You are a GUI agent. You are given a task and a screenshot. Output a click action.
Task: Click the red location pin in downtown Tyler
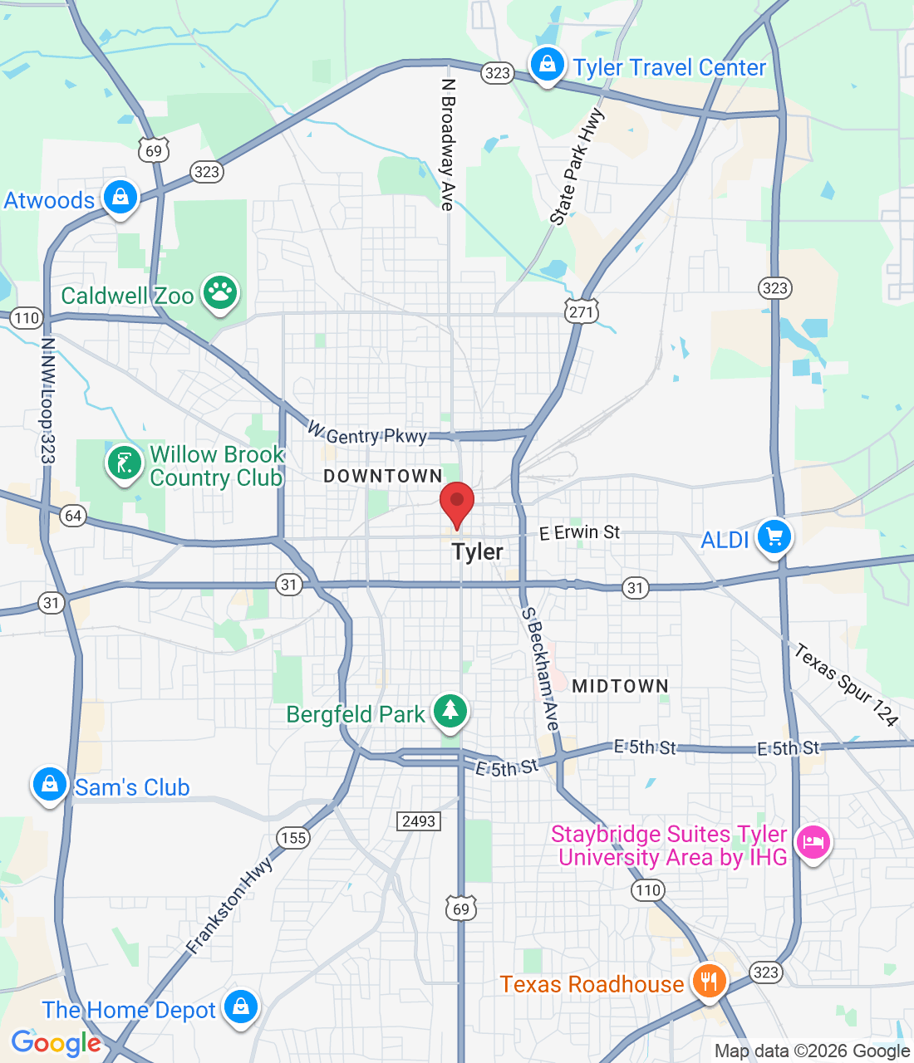click(456, 502)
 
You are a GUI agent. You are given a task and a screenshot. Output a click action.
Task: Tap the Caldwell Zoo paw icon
click(220, 291)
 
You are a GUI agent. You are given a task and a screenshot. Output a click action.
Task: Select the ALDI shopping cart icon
click(774, 536)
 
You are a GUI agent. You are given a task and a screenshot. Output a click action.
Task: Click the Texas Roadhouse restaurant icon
click(708, 981)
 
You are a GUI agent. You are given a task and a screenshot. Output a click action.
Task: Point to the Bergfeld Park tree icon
click(450, 711)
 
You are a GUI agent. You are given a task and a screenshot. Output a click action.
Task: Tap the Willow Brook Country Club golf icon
click(125, 463)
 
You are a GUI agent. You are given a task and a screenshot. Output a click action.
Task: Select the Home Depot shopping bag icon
click(241, 1007)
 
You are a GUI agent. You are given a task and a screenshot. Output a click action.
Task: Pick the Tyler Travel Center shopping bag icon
click(547, 64)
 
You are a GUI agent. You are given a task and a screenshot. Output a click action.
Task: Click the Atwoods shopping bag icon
click(120, 198)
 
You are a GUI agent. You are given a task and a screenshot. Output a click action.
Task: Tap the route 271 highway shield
click(581, 312)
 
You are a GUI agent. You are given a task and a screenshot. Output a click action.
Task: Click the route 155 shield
click(293, 837)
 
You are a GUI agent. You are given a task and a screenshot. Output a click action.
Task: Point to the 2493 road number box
click(419, 821)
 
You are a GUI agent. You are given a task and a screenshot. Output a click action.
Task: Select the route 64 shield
click(73, 516)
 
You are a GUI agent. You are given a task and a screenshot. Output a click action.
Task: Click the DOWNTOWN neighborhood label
click(383, 476)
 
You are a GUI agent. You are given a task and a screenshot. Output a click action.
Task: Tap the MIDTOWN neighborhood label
click(620, 686)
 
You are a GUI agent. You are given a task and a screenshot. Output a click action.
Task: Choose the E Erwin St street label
click(579, 532)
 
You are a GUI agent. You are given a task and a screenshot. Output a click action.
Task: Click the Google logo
click(56, 1043)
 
